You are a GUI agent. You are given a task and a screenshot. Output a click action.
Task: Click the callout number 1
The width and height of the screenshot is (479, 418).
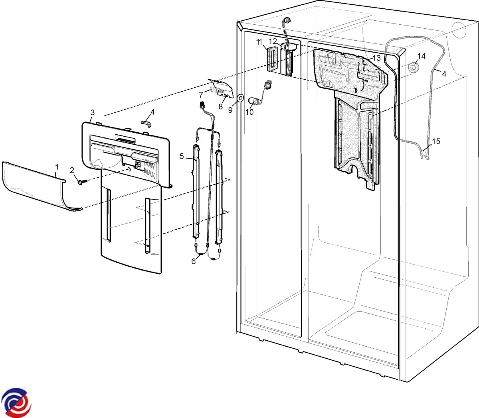click(56, 167)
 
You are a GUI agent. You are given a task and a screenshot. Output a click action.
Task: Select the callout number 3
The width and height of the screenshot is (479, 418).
click(93, 112)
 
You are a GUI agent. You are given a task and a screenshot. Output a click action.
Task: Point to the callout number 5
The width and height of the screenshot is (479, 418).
click(182, 156)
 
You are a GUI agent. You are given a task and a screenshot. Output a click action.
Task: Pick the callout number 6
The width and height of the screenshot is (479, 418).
click(193, 261)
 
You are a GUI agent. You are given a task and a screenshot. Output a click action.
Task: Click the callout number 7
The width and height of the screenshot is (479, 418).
click(201, 94)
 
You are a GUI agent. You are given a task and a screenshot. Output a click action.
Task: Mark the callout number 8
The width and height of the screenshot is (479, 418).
click(220, 106)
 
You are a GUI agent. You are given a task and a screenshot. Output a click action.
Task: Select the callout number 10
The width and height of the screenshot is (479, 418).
click(249, 112)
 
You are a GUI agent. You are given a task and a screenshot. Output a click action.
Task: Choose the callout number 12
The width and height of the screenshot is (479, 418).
click(273, 41)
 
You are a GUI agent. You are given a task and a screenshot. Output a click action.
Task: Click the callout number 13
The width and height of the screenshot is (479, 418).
click(376, 58)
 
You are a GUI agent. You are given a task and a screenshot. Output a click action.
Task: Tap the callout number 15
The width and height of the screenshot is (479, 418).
click(436, 141)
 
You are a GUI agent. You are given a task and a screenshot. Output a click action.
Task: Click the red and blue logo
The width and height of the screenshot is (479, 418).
click(16, 402)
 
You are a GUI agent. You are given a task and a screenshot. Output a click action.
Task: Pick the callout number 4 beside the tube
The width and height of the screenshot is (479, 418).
click(444, 74)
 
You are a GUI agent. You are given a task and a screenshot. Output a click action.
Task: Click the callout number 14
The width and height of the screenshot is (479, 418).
click(421, 56)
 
